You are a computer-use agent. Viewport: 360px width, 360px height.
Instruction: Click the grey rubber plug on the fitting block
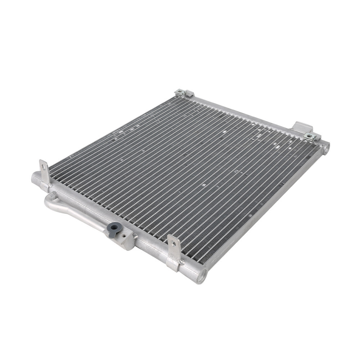pyautogui.click(x=115, y=227)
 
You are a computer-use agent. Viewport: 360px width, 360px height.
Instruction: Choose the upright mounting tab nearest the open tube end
pyautogui.click(x=174, y=252)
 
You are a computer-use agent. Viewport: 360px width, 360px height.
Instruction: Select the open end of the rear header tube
pyautogui.click(x=325, y=148)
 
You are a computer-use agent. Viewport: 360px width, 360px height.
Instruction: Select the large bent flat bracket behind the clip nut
pyautogui.click(x=302, y=127)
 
